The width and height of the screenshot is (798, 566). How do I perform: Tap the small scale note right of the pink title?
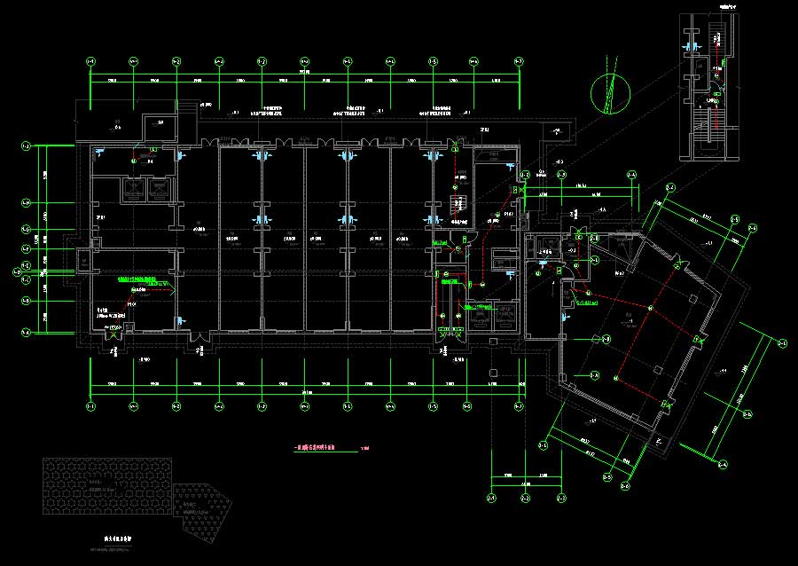coord(365,448)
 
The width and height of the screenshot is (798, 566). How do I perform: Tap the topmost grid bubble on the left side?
coord(26,145)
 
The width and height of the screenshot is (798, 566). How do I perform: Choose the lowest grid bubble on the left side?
coord(26,333)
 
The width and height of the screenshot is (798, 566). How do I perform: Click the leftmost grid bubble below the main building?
coord(90,406)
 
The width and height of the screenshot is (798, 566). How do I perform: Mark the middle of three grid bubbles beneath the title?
coord(525,499)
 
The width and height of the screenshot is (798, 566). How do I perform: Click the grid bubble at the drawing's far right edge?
coord(782,342)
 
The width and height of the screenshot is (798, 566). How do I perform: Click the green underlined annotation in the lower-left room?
coord(143,278)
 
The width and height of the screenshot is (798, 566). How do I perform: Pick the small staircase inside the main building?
coord(460,202)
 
